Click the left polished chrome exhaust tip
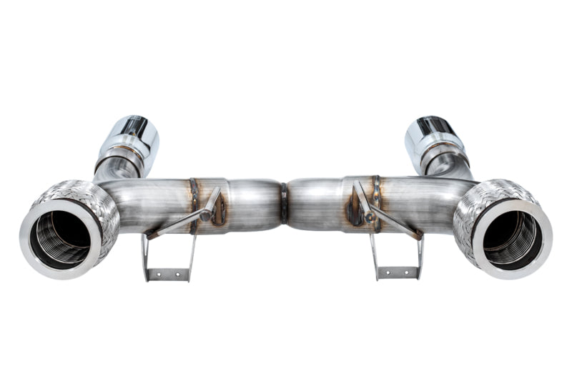(133, 139)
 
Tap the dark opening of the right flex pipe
(512, 236)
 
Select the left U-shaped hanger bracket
(169, 257)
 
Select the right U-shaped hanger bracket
(396, 257)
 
